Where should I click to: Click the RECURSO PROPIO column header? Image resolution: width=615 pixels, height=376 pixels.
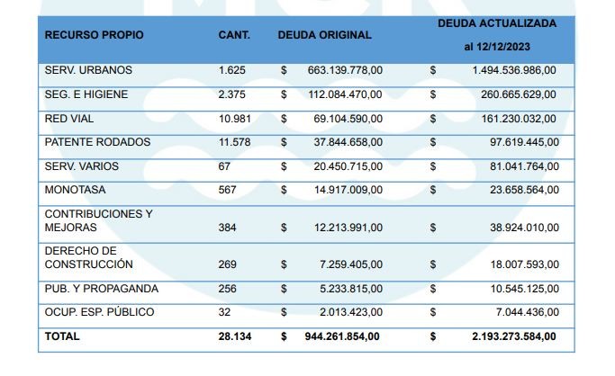pyautogui.click(x=94, y=35)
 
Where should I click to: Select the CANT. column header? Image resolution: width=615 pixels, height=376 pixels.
pyautogui.click(x=233, y=35)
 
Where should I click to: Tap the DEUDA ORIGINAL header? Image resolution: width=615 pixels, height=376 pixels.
pyautogui.click(x=324, y=35)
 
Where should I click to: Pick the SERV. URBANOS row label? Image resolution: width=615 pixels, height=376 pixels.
pyautogui.click(x=88, y=70)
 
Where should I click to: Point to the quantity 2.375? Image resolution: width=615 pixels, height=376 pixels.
pyautogui.click(x=231, y=94)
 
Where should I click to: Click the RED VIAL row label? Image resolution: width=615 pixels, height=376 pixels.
pyautogui.click(x=69, y=119)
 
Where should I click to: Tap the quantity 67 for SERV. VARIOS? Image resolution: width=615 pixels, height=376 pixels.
pyautogui.click(x=224, y=166)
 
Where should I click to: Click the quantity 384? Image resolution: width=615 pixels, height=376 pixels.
pyautogui.click(x=228, y=228)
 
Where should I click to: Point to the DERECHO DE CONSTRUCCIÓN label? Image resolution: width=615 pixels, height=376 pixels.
pyautogui.click(x=88, y=257)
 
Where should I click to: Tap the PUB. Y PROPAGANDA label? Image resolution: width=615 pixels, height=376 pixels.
pyautogui.click(x=101, y=289)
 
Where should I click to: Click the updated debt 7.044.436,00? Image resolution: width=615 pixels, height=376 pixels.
pyautogui.click(x=520, y=312)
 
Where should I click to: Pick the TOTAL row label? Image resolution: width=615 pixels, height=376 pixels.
pyautogui.click(x=62, y=336)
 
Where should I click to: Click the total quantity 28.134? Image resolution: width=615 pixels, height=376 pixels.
pyautogui.click(x=234, y=336)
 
